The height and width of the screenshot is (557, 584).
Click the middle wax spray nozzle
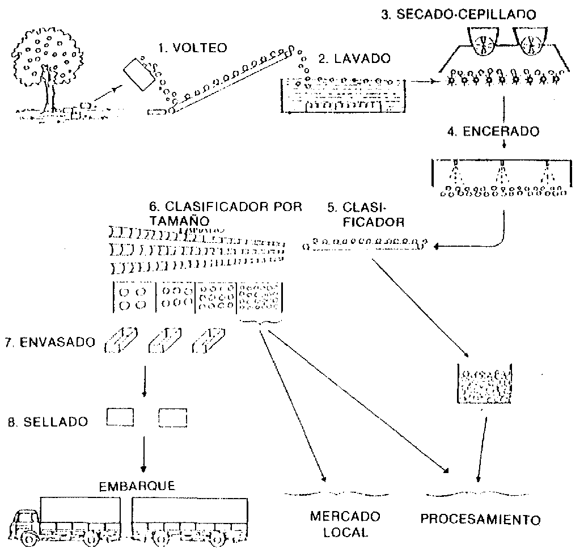tap(502, 170)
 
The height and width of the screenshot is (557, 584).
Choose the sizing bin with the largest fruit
tap(134, 297)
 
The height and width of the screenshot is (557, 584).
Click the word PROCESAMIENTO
tap(481, 519)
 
